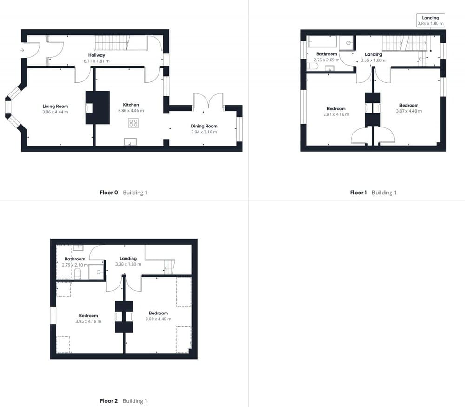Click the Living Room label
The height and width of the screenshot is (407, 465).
pos(55,107)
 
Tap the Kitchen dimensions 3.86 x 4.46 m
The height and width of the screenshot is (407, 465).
pos(131,111)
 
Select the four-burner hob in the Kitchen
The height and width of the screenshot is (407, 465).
pos(133,123)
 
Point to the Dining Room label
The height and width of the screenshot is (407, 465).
pos(204,126)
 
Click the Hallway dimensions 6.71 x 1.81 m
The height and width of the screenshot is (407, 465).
pos(97,61)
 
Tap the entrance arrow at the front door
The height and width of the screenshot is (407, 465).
pos(22,49)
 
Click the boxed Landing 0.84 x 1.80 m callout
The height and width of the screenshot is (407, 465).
pos(430,20)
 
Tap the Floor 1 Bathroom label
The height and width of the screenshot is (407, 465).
pos(326,54)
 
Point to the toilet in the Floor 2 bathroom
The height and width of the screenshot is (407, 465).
pos(78,272)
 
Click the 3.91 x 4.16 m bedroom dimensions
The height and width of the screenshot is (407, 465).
pos(336,114)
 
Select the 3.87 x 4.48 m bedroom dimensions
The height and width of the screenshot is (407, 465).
pos(409,111)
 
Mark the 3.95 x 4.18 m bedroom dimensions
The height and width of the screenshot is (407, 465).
pos(88,321)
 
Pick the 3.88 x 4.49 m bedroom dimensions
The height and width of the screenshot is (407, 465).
pos(158,319)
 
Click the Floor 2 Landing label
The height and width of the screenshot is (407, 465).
pos(128,259)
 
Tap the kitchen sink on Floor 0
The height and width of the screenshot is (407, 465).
pos(130,142)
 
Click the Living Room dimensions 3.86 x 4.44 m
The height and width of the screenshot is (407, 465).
pos(55,112)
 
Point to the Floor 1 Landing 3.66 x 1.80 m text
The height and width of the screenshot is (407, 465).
pos(373,60)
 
